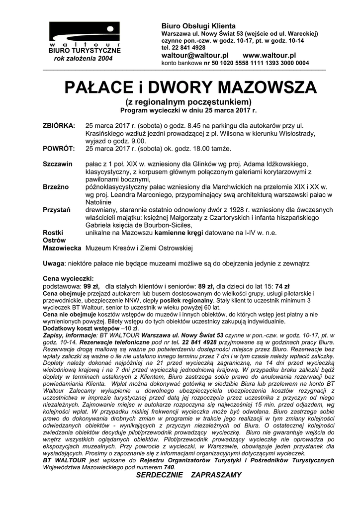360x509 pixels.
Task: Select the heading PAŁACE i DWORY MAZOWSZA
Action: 191,87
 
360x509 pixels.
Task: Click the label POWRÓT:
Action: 59,149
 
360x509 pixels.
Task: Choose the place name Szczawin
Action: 58,164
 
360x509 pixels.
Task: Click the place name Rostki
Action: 53,232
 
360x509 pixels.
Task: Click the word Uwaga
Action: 53,262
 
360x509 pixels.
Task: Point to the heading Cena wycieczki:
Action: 68,278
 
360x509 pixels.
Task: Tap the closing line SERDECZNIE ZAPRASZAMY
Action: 188,475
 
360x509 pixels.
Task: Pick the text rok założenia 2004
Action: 84,58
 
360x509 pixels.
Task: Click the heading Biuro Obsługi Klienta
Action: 191,26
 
